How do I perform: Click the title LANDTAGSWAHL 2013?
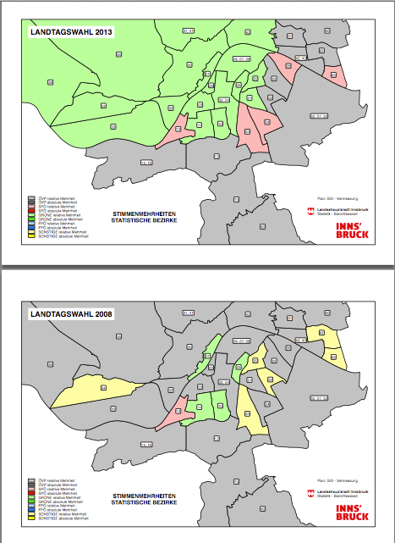(71, 33)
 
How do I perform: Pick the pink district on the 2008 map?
(173, 410)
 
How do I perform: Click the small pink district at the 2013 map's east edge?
(336, 75)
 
